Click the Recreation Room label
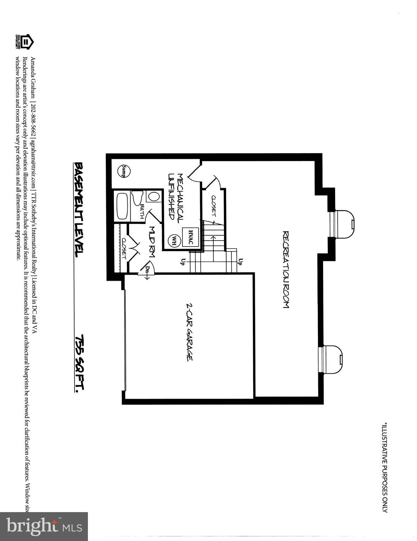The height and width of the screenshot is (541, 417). pos(286,270)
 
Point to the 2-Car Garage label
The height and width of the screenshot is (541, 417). pos(189,332)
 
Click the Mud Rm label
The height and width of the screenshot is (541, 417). pos(152,242)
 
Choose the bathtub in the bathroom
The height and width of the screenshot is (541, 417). pos(122,206)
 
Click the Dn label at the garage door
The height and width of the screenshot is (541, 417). pos(147,270)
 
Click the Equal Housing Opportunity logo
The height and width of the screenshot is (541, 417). pos(24,42)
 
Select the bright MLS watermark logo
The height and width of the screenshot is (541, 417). pos(44,526)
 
